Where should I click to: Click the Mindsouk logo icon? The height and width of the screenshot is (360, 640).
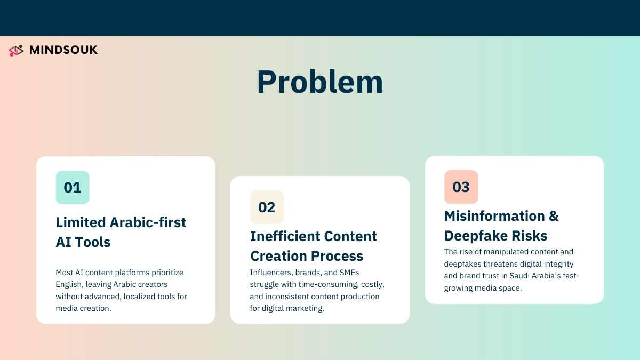(17, 51)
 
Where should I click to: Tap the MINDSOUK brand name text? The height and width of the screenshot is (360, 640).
(63, 50)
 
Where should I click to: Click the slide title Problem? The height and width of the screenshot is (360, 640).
(319, 82)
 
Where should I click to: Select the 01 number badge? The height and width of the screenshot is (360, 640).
(73, 187)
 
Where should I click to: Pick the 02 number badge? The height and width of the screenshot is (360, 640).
(267, 207)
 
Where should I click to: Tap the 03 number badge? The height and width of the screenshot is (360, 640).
(461, 187)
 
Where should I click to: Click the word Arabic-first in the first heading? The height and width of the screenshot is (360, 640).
(148, 222)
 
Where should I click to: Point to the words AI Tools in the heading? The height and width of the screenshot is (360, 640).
(83, 242)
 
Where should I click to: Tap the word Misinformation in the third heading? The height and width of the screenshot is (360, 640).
(494, 215)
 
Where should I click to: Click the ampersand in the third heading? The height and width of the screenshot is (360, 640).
(554, 215)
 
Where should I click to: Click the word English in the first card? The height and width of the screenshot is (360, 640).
(68, 285)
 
